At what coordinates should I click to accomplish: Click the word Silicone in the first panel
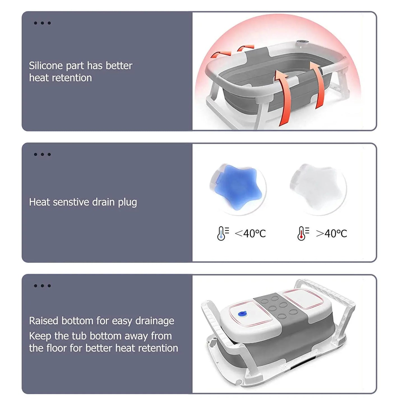(46, 66)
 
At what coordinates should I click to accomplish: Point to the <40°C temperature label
(250, 233)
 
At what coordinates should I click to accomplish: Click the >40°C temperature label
(331, 233)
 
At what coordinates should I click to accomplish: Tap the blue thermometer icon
(221, 233)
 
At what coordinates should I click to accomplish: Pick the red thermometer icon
(302, 233)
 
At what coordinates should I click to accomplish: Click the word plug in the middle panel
(127, 202)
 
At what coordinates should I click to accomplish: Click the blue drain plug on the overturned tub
(242, 314)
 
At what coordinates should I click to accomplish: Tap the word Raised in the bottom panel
(44, 321)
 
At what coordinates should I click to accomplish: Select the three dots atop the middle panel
(42, 154)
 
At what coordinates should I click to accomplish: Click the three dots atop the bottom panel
(42, 286)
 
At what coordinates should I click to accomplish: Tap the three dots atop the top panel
(42, 23)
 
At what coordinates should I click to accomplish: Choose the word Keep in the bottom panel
(40, 336)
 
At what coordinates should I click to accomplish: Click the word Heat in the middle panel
(39, 202)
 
